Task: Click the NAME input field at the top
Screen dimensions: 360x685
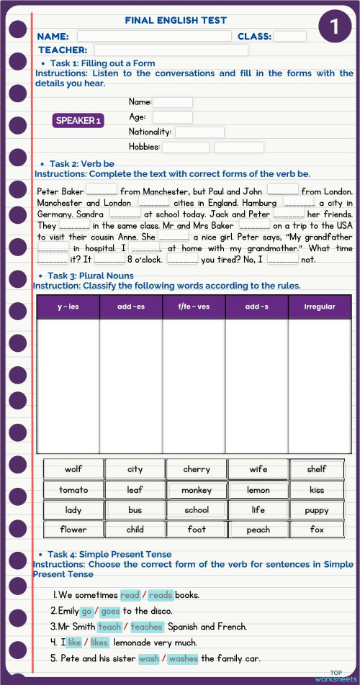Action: (x=154, y=36)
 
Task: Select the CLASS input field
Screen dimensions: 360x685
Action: (x=289, y=36)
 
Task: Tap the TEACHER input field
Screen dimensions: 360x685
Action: (x=171, y=50)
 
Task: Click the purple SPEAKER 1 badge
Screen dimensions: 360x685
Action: (x=78, y=120)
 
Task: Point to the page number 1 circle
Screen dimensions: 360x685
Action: (x=334, y=27)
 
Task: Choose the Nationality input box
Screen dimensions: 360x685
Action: (x=199, y=132)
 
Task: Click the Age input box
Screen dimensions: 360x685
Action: (x=172, y=117)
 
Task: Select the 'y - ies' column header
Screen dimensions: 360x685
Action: (x=68, y=307)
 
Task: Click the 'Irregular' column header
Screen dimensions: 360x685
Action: (x=320, y=307)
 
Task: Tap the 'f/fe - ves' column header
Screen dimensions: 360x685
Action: (x=194, y=307)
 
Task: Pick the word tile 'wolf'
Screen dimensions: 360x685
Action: (x=73, y=469)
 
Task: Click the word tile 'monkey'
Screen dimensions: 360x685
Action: (x=197, y=490)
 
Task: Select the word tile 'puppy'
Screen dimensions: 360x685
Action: (x=317, y=510)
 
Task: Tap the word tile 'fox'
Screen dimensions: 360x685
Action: (x=317, y=530)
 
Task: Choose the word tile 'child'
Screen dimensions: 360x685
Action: (x=135, y=530)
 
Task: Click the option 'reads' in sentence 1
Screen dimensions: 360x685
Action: (x=161, y=595)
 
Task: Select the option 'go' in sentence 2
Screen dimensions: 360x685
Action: (x=86, y=611)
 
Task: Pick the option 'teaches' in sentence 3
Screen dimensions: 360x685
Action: (x=147, y=627)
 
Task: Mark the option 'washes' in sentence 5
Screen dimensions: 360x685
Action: (x=183, y=658)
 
